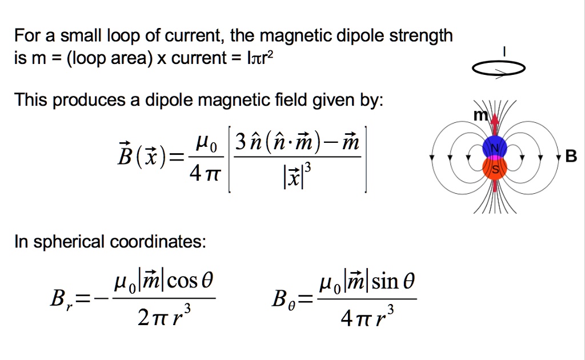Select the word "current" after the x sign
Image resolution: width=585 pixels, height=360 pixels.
(x=199, y=58)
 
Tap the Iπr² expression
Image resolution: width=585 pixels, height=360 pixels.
(x=261, y=58)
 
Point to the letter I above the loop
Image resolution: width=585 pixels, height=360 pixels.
(x=504, y=51)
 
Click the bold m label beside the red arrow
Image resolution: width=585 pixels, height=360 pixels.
(x=480, y=115)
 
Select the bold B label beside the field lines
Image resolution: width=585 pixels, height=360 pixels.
(x=571, y=157)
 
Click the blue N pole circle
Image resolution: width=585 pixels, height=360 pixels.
(x=495, y=147)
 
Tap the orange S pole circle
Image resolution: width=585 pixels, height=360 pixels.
(x=495, y=169)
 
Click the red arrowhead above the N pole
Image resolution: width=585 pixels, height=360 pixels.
(x=495, y=119)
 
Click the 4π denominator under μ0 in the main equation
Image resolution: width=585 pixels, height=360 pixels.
(x=205, y=174)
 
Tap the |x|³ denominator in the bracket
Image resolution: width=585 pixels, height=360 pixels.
(x=297, y=175)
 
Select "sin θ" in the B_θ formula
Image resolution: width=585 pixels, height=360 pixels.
(x=393, y=281)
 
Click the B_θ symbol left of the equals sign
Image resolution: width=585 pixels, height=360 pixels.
(x=283, y=299)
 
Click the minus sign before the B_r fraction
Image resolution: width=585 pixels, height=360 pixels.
(x=102, y=298)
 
